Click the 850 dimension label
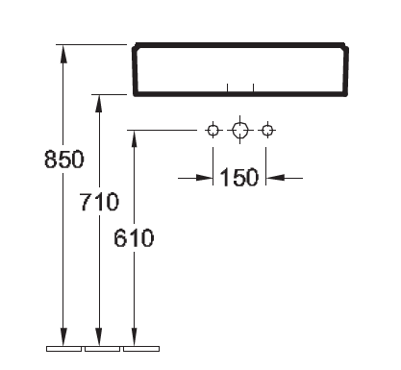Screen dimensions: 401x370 click(x=64, y=160)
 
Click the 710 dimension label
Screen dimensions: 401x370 click(x=100, y=202)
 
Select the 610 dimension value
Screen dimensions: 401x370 click(x=134, y=238)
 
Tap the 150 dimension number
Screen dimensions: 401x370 click(x=239, y=177)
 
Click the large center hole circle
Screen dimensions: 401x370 click(x=239, y=131)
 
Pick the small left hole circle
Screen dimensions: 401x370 click(x=213, y=131)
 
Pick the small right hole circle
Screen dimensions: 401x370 click(x=266, y=131)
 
